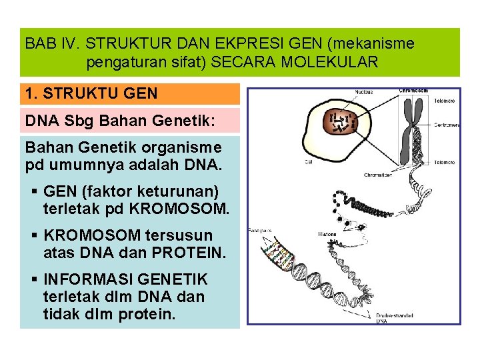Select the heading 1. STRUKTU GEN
click(x=91, y=93)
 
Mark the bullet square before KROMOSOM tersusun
click(x=35, y=235)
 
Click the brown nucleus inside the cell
click(x=341, y=122)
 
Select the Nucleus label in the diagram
click(x=363, y=92)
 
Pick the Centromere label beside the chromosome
click(x=446, y=125)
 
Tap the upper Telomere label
click(x=445, y=101)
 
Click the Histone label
click(x=328, y=235)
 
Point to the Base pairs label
click(x=259, y=230)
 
